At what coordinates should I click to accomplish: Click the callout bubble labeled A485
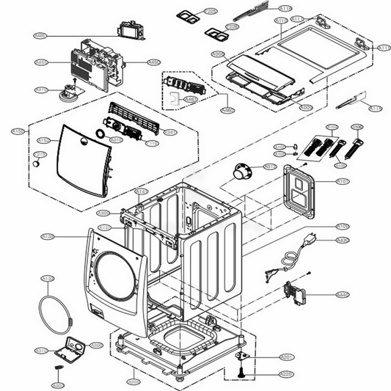[40, 34]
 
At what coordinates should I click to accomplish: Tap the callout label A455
[41, 62]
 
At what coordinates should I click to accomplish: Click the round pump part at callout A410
[72, 91]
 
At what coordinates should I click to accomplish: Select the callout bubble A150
[18, 131]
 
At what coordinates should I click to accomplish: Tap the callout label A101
[343, 180]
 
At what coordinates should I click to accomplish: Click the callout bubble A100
[342, 226]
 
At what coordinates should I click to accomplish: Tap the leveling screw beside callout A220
[243, 374]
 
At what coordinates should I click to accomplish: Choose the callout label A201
[287, 357]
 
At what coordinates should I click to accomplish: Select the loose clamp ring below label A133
[57, 313]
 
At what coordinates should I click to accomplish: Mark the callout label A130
[47, 236]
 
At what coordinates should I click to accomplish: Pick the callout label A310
[41, 350]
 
